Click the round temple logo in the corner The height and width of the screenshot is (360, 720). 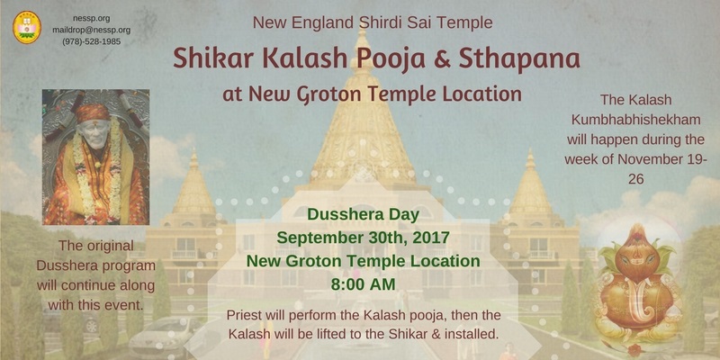[x=27, y=28]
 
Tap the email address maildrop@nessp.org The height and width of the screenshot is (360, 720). [x=92, y=30]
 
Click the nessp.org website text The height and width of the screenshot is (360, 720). [x=92, y=18]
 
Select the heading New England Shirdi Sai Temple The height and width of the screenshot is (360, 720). [x=373, y=22]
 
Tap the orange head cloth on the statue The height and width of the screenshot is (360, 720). [x=93, y=112]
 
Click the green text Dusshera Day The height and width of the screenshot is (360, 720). [x=363, y=214]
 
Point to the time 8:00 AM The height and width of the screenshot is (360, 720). [x=363, y=284]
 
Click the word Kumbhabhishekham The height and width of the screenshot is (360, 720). [x=635, y=120]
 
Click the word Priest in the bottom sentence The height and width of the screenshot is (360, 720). [x=241, y=316]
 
